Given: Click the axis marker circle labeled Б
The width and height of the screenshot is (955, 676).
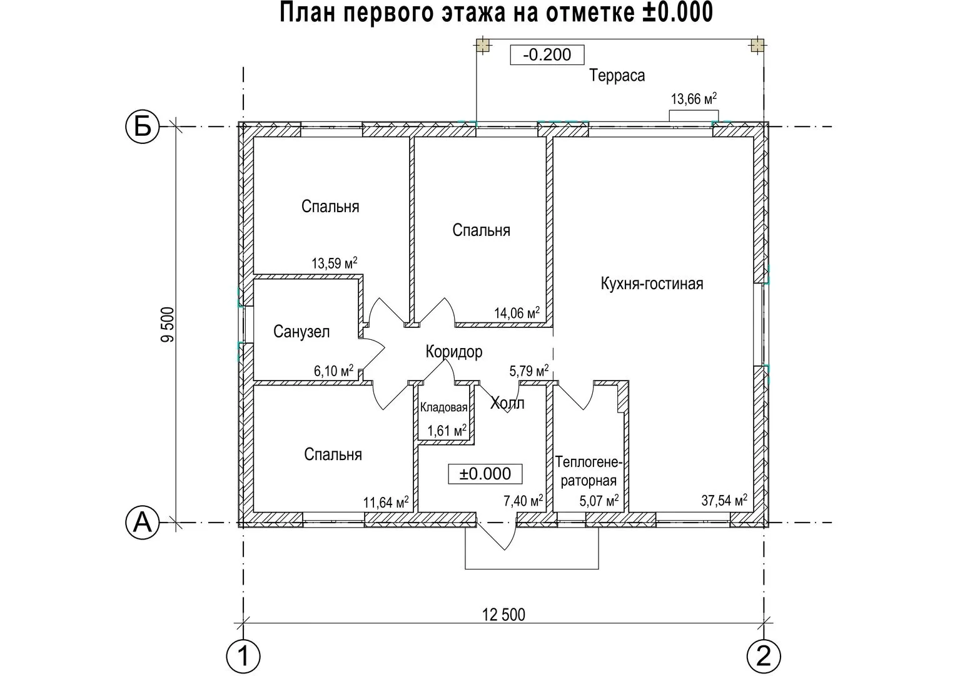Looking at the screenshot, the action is tap(143, 126).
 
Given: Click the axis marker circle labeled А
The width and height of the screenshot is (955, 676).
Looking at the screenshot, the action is tap(143, 523).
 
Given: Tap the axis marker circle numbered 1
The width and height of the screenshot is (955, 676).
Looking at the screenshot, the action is tap(243, 656).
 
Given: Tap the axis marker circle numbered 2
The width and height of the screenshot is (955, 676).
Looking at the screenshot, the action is tap(764, 656).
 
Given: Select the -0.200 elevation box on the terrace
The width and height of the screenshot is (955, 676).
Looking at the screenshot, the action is tap(547, 54).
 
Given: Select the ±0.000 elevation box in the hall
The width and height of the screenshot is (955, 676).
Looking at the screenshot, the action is tap(485, 474).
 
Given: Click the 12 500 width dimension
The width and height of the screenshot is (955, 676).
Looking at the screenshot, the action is tap(503, 615).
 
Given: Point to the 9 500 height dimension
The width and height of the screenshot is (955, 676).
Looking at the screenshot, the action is tap(168, 324).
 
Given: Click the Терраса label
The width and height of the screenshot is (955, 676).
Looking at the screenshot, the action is tap(617, 76).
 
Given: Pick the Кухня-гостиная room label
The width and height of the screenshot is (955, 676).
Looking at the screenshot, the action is tap(652, 284).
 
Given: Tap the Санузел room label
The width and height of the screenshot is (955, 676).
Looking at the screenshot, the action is tap(301, 332).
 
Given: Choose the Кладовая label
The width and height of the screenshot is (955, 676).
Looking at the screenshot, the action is tap(444, 407).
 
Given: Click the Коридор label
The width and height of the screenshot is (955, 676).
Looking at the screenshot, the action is tap(454, 352).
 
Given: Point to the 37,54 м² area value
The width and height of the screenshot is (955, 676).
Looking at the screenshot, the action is tap(724, 499).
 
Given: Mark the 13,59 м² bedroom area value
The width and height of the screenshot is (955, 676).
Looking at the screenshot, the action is tap(334, 263).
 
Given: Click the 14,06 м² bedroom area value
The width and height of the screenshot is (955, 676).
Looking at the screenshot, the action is tap(517, 312).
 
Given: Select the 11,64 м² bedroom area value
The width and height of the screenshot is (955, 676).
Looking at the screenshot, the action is tap(386, 502).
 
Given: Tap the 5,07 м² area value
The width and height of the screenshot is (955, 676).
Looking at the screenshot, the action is tap(599, 500).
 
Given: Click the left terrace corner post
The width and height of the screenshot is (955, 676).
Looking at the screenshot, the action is tap(483, 45).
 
